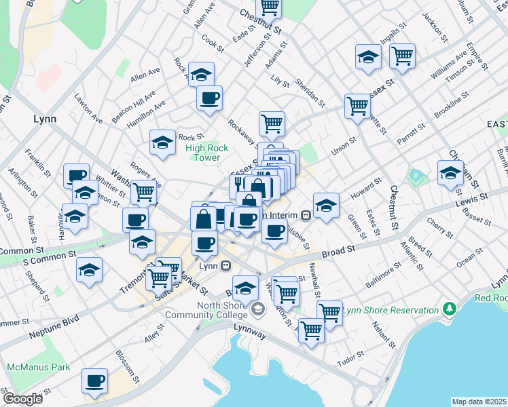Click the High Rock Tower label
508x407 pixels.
pos(204,153)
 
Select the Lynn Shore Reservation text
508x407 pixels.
pos(391,310)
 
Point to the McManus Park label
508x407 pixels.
pos(38,367)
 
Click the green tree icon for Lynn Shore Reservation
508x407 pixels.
pos(449,309)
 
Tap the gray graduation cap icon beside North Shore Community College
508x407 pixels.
pos(257,309)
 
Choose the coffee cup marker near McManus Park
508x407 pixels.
pos(94,381)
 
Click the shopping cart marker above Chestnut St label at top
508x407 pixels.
pos(270,7)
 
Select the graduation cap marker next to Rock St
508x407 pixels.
pos(162,142)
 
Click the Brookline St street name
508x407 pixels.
pos(452,108)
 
